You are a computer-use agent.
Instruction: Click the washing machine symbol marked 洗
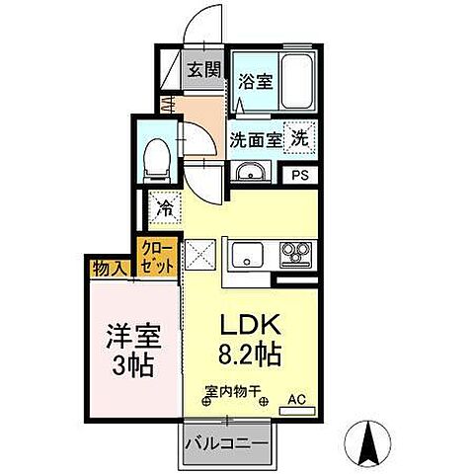point(298,138)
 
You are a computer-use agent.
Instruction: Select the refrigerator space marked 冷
point(164,209)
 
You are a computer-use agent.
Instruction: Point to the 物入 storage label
point(109,268)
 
